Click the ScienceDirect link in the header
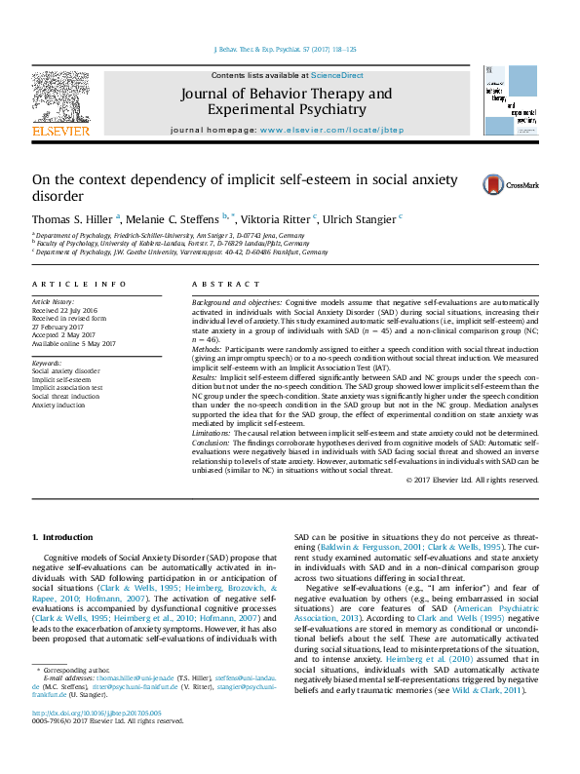pyautogui.click(x=337, y=75)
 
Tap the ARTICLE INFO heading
pyautogui.click(x=79, y=284)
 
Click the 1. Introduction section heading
pyautogui.click(x=62, y=537)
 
